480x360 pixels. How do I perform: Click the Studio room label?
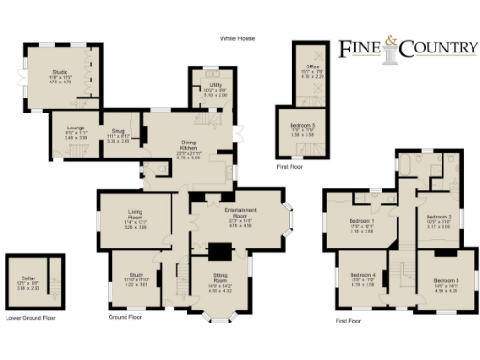[x=60, y=71]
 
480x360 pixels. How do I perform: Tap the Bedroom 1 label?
[x=349, y=222]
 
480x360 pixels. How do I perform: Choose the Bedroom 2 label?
[x=440, y=218]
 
